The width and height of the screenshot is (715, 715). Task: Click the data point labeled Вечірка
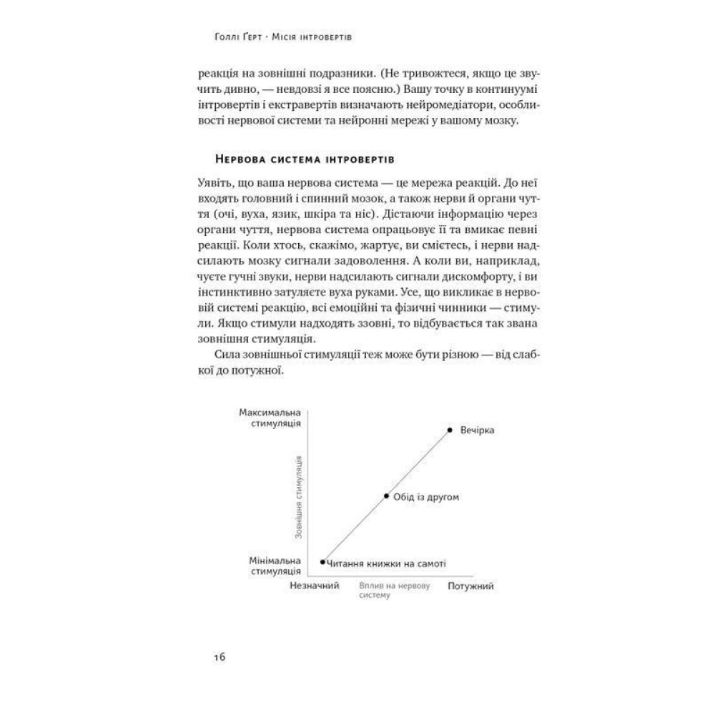(x=449, y=430)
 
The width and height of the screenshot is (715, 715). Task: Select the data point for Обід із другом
(x=386, y=495)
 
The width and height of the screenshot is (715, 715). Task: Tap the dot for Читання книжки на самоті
(x=323, y=562)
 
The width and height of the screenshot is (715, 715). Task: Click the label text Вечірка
(x=478, y=430)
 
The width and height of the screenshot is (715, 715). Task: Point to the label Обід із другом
(x=425, y=496)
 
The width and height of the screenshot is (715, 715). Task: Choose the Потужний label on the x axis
(x=471, y=586)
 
